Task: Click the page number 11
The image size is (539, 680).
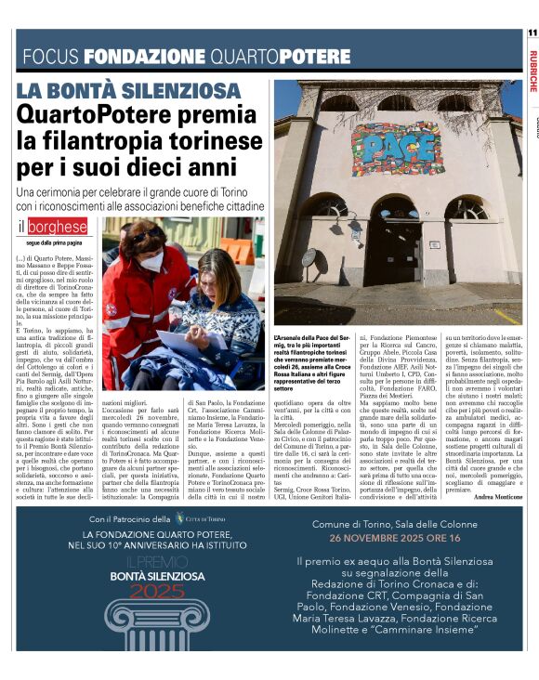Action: pos(532,33)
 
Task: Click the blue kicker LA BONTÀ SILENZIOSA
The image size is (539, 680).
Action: pos(128,91)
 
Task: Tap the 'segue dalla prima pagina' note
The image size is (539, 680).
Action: pos(59,242)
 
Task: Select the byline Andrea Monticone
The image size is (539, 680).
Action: pos(497,498)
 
